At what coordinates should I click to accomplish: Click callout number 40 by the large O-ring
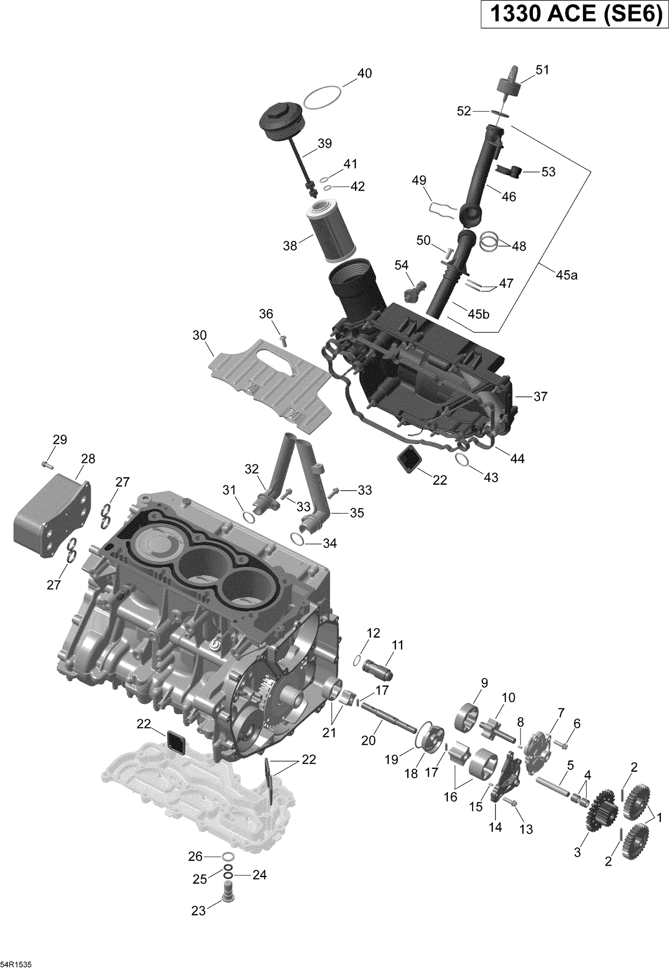(x=364, y=74)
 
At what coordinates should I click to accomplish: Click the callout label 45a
(x=566, y=275)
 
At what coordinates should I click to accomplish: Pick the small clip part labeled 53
(x=508, y=170)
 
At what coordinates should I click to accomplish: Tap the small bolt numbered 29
(x=47, y=465)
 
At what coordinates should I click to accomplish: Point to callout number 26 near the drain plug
(x=195, y=856)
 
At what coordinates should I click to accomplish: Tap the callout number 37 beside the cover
(x=540, y=396)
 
